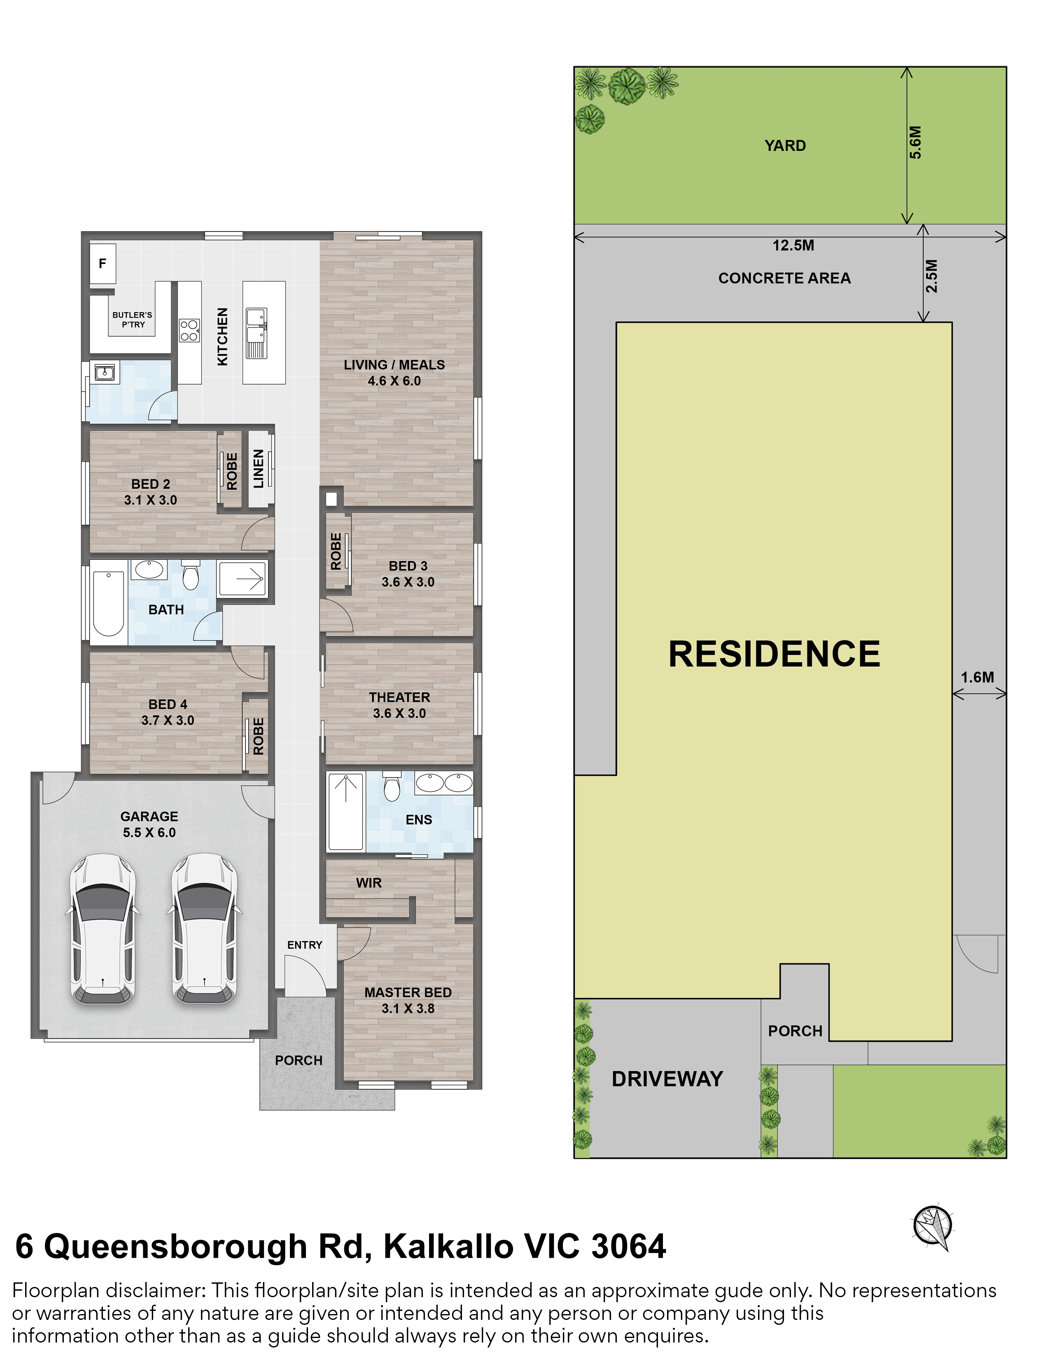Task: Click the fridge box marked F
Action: (103, 263)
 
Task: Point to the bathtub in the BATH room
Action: (108, 602)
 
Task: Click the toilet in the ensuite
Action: (391, 787)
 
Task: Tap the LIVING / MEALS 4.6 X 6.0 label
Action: (394, 373)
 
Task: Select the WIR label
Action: (369, 883)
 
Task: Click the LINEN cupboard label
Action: (259, 469)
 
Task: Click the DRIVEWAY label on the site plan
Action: (667, 1079)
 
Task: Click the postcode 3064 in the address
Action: (628, 1247)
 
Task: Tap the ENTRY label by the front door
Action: (305, 945)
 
